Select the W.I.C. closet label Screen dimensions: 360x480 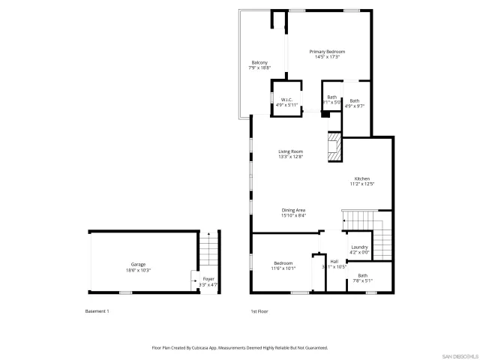(x=286, y=102)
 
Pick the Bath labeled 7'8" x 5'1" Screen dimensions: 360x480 (x=363, y=277)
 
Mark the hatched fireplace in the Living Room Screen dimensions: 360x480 (x=334, y=147)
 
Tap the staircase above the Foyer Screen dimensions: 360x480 (x=208, y=251)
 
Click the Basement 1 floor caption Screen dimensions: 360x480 (x=97, y=310)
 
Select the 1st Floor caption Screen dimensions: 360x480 (x=259, y=310)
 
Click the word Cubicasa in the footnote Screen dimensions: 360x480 (x=212, y=347)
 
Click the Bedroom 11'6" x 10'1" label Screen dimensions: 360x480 (x=283, y=265)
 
